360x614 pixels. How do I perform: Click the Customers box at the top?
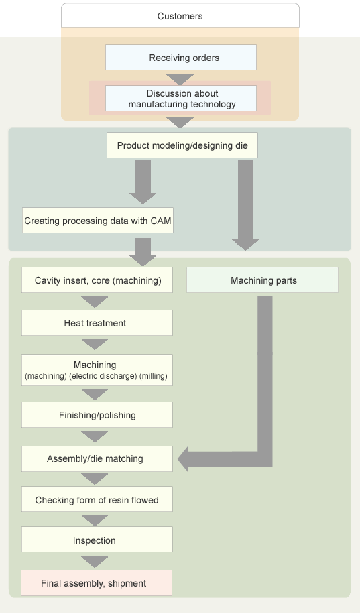(180, 16)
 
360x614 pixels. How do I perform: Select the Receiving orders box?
(181, 58)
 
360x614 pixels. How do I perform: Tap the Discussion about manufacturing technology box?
(181, 99)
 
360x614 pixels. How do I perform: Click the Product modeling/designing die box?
(182, 145)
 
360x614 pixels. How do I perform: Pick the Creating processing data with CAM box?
(97, 221)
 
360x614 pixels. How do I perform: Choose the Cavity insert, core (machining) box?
(97, 280)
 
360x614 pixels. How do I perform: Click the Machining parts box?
(263, 280)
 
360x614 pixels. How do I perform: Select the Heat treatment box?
(97, 323)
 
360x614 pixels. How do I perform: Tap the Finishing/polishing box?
(97, 415)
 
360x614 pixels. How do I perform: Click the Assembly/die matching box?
(97, 458)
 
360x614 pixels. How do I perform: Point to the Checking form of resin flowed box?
(97, 499)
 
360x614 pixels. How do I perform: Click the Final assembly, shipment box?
(97, 583)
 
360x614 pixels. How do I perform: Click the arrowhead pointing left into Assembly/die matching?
(183, 459)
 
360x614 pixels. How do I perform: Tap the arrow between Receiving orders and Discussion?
(180, 79)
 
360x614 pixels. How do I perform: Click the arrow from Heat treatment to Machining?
(95, 344)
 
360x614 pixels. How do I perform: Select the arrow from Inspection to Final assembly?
(95, 562)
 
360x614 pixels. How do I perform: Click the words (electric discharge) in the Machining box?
(103, 376)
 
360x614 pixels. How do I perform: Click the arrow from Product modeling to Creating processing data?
(143, 182)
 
